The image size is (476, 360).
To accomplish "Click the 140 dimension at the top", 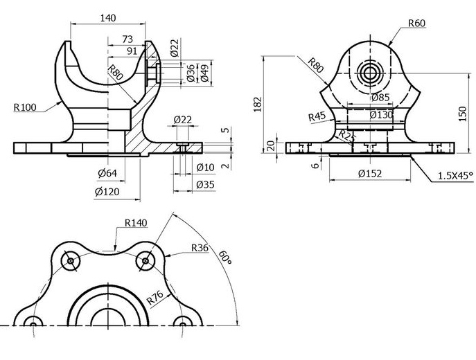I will pyautogui.click(x=108, y=18).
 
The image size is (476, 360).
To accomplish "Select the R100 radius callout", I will pyautogui.click(x=26, y=107).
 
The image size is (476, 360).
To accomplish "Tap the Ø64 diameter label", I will pyautogui.click(x=106, y=172).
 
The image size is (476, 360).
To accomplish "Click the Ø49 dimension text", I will pyautogui.click(x=204, y=73).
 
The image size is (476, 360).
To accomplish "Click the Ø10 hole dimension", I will pyautogui.click(x=206, y=167).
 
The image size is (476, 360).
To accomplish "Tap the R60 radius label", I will pyautogui.click(x=416, y=23).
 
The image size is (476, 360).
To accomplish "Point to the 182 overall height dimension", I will pyautogui.click(x=258, y=104).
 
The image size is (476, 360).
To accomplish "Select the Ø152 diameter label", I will pyautogui.click(x=370, y=174).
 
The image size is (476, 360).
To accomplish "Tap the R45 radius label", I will pyautogui.click(x=317, y=116).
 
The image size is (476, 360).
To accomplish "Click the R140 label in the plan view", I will pyautogui.click(x=136, y=223).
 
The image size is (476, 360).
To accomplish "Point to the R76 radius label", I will pyautogui.click(x=156, y=299).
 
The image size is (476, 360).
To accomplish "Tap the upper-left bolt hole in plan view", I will pyautogui.click(x=71, y=261).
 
